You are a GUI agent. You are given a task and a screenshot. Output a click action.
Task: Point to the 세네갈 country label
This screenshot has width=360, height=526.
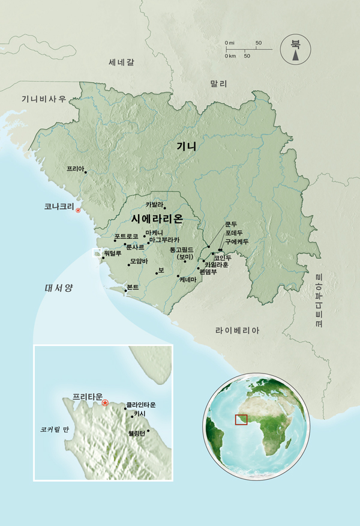(x=122, y=62)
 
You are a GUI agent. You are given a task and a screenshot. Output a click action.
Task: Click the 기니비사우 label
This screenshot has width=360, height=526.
(x=44, y=99)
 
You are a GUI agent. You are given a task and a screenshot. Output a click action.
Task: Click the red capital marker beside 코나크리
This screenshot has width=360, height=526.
(x=78, y=210)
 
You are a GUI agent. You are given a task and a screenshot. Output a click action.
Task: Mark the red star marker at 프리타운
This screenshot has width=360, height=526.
(x=105, y=403)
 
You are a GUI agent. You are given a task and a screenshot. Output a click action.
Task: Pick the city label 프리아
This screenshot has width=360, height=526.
(x=76, y=169)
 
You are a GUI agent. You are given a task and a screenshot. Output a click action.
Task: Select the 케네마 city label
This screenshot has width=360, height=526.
(x=188, y=279)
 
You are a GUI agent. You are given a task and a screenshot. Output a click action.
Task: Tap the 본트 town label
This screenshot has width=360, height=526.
(x=133, y=288)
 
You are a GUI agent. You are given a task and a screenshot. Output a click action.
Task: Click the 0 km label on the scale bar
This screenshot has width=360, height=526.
(x=229, y=56)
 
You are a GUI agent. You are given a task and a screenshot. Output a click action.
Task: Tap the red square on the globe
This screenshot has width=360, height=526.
(x=241, y=419)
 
